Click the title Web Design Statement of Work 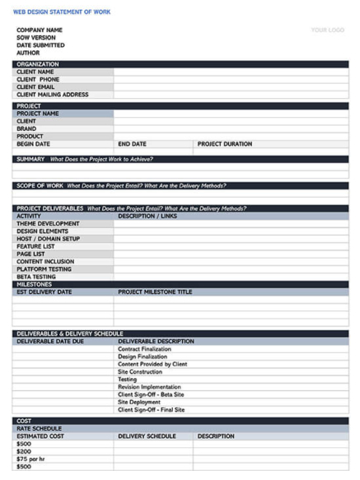(62, 12)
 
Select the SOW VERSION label (36, 38)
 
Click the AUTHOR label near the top (28, 53)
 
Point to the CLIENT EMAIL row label (38, 86)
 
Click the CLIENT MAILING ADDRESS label (53, 95)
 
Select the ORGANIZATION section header (38, 64)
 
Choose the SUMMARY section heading (30, 159)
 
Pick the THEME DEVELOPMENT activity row (48, 224)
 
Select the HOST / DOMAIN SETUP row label (49, 239)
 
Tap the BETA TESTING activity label (37, 277)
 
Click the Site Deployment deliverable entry (144, 402)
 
